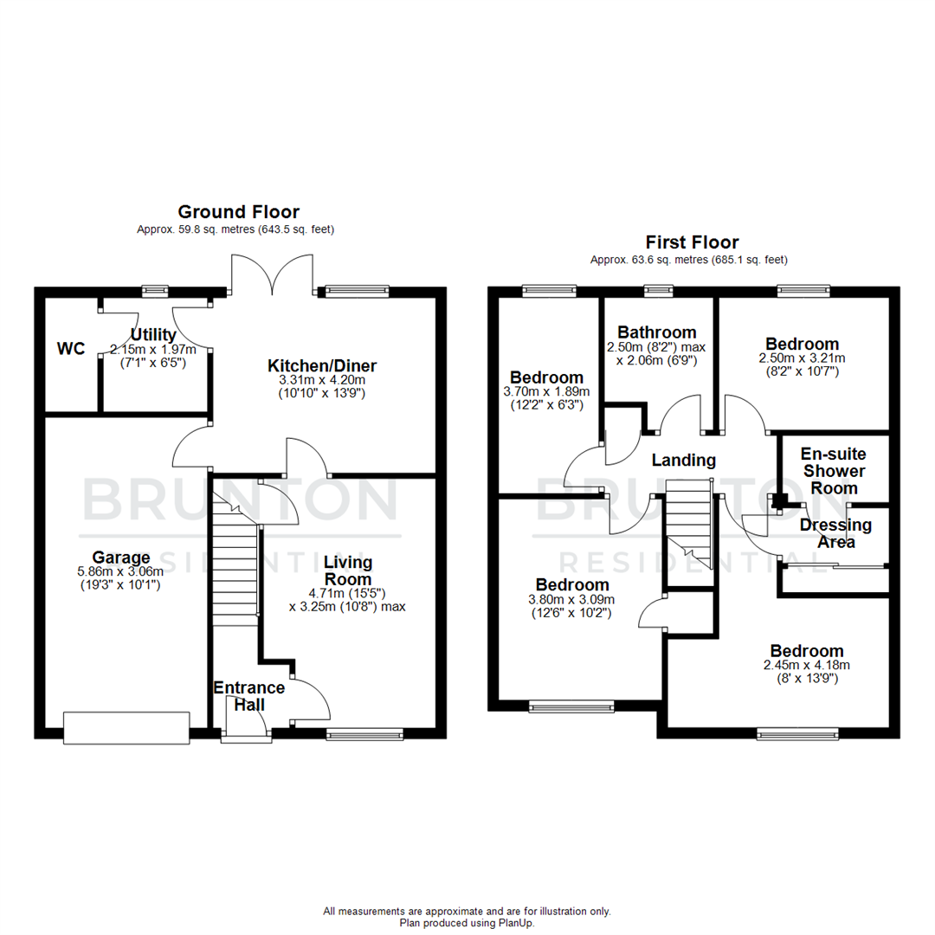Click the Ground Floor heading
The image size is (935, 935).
pyautogui.click(x=238, y=211)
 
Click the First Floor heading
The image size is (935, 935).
pyautogui.click(x=692, y=242)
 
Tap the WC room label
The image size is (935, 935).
pyautogui.click(x=71, y=349)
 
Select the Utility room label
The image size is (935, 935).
pyautogui.click(x=153, y=334)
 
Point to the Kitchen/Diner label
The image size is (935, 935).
pyautogui.click(x=321, y=365)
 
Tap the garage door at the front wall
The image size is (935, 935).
pyautogui.click(x=126, y=726)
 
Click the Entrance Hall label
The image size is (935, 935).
pyautogui.click(x=249, y=696)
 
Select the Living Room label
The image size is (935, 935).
pyautogui.click(x=347, y=571)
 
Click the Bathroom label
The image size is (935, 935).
pyautogui.click(x=656, y=332)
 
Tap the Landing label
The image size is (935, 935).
pyautogui.click(x=684, y=461)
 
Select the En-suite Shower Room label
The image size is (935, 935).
pyautogui.click(x=834, y=471)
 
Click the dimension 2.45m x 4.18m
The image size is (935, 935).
pyautogui.click(x=807, y=665)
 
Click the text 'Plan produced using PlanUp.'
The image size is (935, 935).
pyautogui.click(x=467, y=923)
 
